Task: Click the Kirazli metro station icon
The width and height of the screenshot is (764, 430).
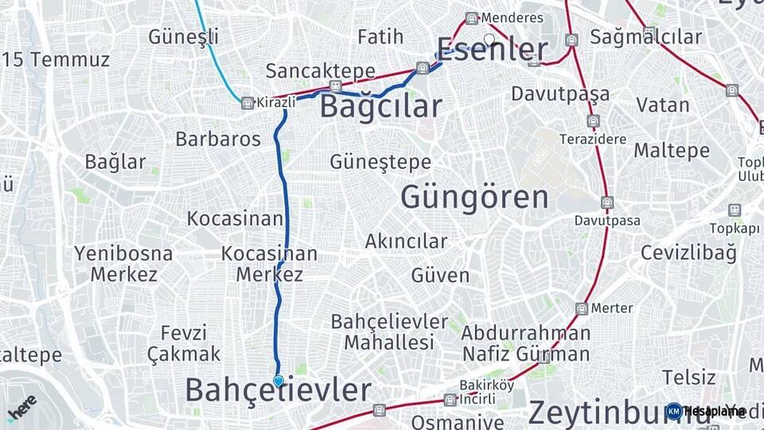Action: pos(248,103)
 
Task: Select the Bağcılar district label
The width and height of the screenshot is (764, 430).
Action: pos(380,107)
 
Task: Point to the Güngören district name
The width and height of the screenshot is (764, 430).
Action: pos(474,197)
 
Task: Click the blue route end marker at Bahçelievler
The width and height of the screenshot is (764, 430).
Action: pos(278,381)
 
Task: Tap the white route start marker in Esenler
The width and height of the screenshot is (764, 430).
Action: pos(489,38)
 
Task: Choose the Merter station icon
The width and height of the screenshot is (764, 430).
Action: pos(583,308)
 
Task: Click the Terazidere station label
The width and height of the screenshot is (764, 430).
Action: pos(593,138)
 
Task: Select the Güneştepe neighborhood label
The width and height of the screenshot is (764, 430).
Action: pos(380,162)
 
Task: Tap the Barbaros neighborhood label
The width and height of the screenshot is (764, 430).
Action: pos(218,139)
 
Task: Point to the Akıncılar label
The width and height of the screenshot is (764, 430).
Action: pos(406,240)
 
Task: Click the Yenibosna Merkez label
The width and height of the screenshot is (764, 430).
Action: pos(123,264)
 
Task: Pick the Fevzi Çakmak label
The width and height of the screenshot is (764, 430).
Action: pos(184,343)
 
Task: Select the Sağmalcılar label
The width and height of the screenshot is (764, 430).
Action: pos(646,37)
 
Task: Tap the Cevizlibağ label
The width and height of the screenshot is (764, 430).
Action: pos(688,253)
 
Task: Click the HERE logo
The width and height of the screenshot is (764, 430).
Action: pos(21,408)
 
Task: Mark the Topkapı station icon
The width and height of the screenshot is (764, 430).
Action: pos(735,210)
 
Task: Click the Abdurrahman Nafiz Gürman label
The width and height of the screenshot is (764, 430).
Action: pos(526,343)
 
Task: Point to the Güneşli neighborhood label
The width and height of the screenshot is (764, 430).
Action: pos(183,37)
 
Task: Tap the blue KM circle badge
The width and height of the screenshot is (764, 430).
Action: pos(674,411)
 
